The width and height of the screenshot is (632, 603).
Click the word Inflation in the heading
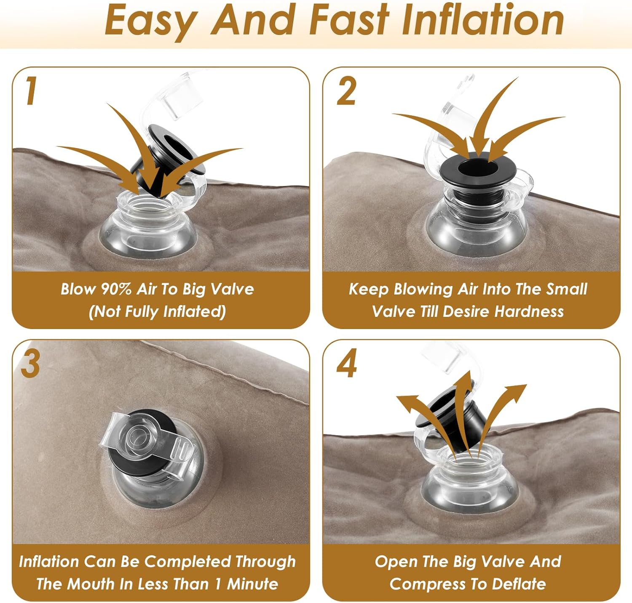click(x=483, y=20)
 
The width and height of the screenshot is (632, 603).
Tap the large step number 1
click(x=31, y=90)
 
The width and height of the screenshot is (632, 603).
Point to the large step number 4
click(x=347, y=363)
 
